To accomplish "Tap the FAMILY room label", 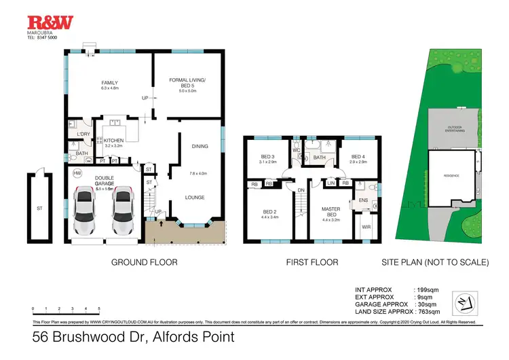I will tap(110, 84).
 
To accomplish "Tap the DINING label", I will tap(200, 146).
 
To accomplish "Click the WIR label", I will tap(366, 227).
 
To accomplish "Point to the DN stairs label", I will tap(299, 190).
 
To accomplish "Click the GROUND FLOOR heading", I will tap(144, 262).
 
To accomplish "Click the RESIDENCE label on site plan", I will tap(451, 176).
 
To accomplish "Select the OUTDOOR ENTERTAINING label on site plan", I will tap(454, 129).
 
